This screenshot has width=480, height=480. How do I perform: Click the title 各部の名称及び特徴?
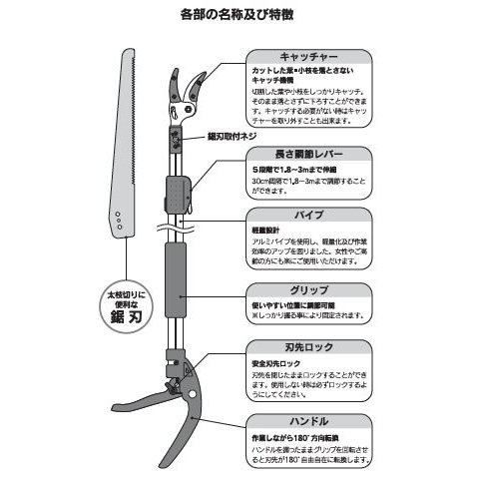240,17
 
